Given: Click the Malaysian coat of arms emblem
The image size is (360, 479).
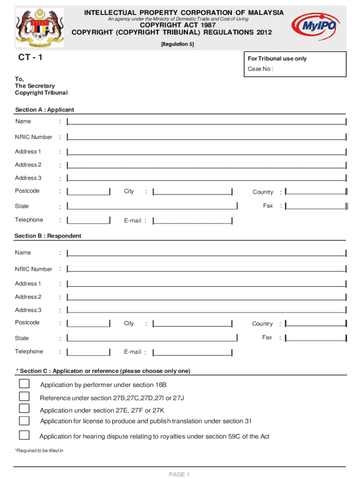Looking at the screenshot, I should point(39,27).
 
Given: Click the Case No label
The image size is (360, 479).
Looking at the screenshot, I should point(260,69).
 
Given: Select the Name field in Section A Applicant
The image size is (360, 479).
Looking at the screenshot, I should point(207,122).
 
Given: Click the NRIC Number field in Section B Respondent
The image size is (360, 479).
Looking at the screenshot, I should point(207,269).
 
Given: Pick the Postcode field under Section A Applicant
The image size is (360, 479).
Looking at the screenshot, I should point(89,191).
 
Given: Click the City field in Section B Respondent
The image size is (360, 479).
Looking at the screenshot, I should point(193,324).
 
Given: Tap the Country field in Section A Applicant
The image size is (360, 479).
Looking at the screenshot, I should point(316,192).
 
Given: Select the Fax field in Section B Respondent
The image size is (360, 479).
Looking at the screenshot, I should point(316,338).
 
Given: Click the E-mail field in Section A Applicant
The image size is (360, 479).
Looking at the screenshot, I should point(193,220).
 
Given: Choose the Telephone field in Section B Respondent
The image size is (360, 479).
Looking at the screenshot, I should point(89,352).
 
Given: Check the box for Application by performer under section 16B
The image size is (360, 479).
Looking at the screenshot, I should point(24,384).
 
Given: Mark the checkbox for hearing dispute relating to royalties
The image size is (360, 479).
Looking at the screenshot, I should point(24,435).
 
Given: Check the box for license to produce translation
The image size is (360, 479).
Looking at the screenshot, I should point(24,421).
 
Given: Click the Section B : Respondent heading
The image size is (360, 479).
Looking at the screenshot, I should point(48,236).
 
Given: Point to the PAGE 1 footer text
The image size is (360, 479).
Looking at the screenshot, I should point(179,475).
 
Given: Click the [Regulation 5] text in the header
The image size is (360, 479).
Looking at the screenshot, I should point(177,44).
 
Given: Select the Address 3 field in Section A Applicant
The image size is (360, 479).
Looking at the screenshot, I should point(207,178).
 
